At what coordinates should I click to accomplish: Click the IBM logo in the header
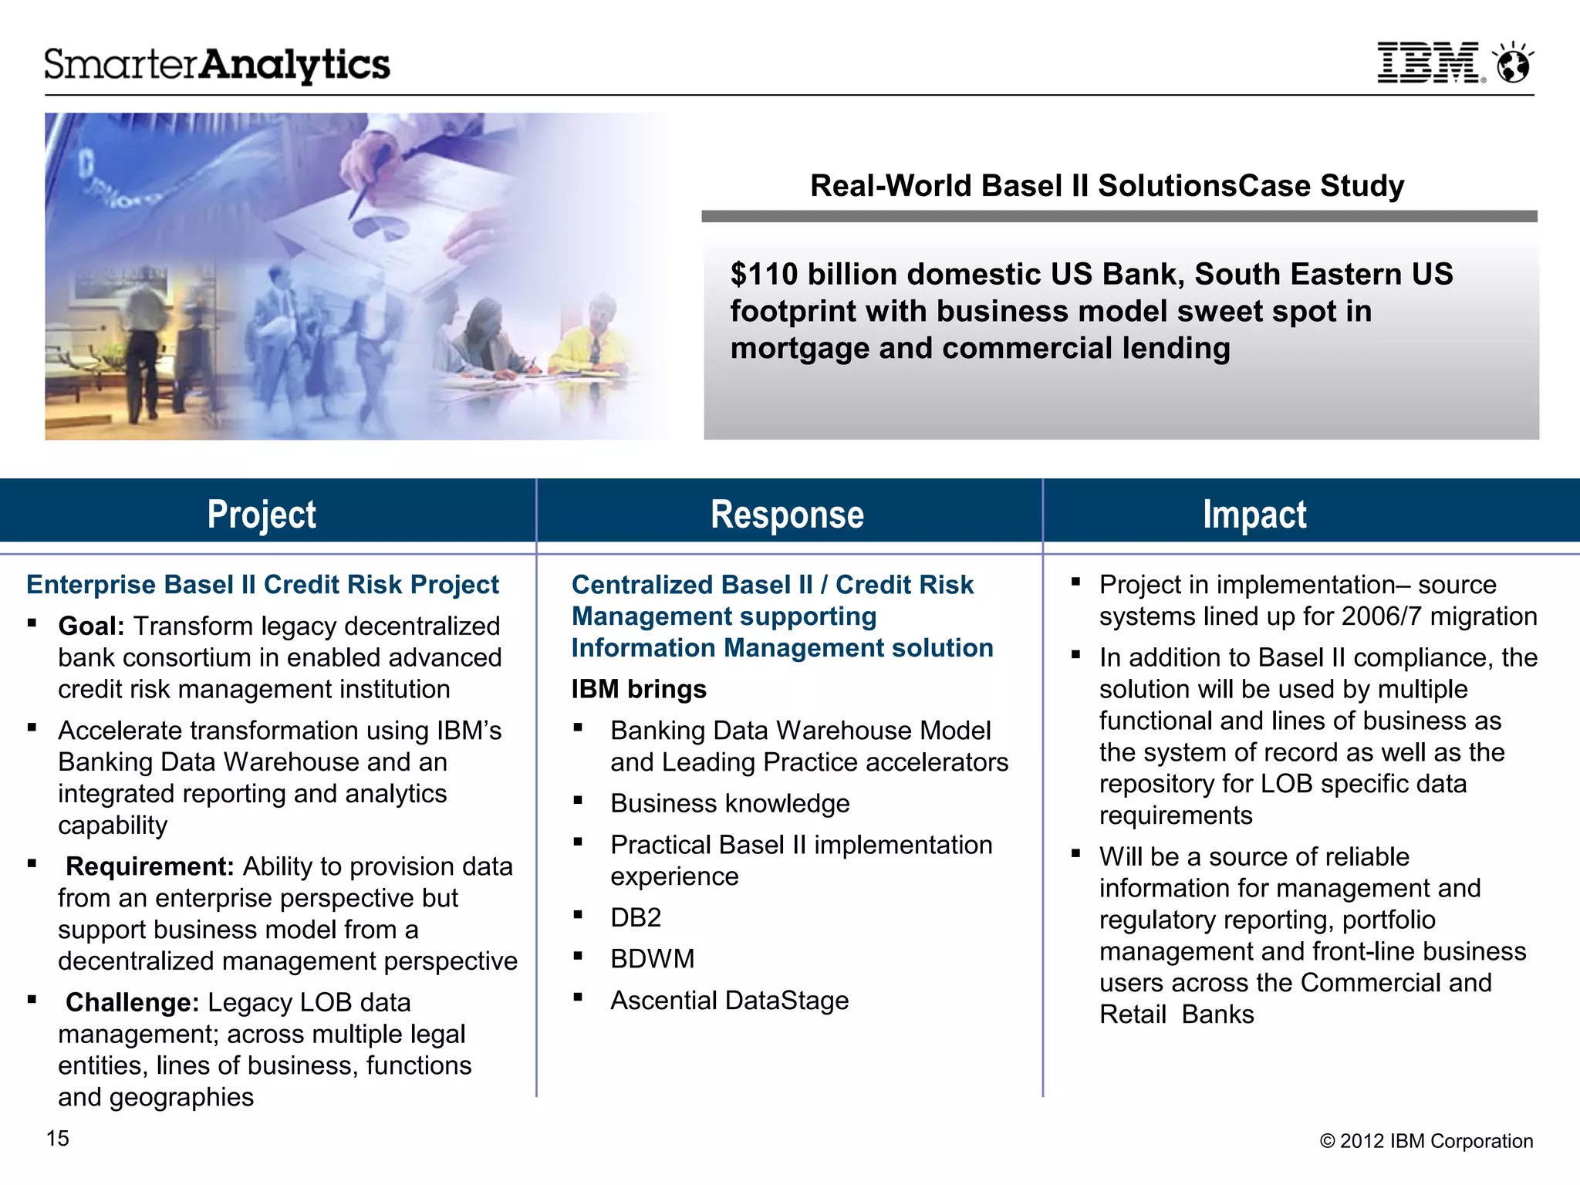1430,62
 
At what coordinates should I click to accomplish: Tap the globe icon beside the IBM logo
1513,63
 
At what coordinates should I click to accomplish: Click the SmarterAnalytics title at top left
217,65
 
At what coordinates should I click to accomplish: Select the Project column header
262,515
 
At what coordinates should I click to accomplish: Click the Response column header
787,515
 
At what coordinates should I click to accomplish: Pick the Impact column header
1254,515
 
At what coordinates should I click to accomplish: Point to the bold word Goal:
91,626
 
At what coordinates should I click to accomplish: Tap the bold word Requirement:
149,866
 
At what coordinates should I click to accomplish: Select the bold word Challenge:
132,1002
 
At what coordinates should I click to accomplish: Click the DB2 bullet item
636,917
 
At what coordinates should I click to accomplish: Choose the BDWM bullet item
652,959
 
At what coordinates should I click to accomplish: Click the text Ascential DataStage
729,1001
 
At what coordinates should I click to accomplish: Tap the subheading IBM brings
639,689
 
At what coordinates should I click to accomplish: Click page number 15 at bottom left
58,1138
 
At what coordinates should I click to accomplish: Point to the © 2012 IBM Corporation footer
1426,1141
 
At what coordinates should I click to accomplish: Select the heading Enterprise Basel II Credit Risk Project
262,585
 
